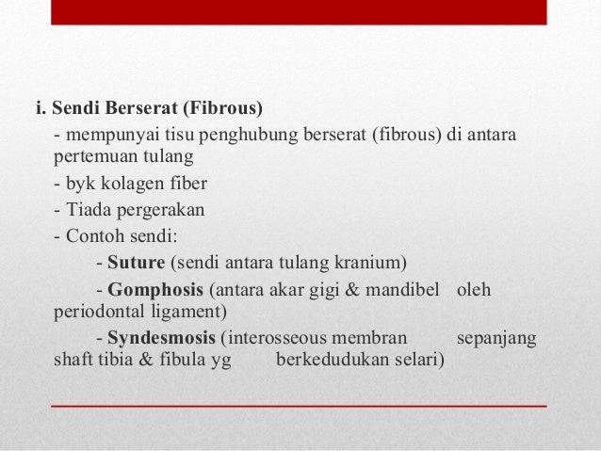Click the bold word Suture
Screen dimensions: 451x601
coord(135,261)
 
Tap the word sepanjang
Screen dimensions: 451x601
coord(496,335)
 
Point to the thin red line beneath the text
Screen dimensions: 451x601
coord(298,405)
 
